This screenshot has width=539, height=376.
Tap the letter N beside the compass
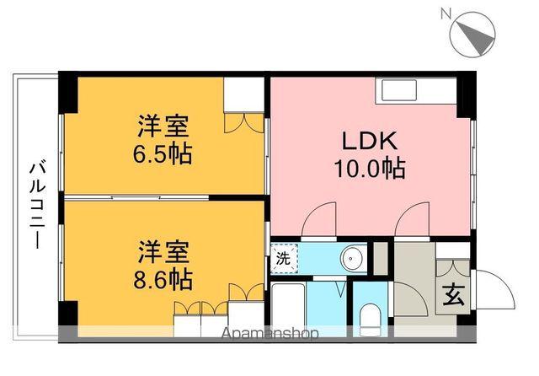pos(446,13)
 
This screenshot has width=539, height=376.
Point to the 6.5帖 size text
pos(164,154)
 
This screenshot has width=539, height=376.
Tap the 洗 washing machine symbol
pos(284,259)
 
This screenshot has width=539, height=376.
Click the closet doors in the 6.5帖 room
pos(246,123)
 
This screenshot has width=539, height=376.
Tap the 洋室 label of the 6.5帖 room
pos(164,127)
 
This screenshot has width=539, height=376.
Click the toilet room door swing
pos(341,288)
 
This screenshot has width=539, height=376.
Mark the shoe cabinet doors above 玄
pos(452,261)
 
